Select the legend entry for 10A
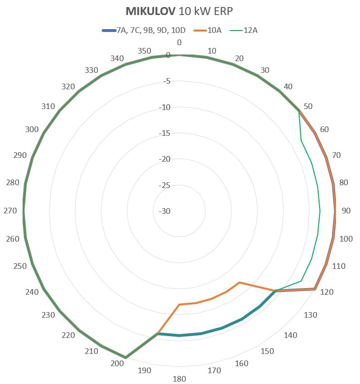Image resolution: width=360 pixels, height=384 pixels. click(214, 31)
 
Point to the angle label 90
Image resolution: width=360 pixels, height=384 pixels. click(346, 211)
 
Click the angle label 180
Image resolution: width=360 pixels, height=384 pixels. click(179, 379)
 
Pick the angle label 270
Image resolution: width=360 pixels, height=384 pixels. click(10, 211)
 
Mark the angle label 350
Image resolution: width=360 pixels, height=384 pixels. click(144, 51)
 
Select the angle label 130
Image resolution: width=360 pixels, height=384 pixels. click(311, 315)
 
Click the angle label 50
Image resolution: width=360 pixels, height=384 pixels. click(308, 107)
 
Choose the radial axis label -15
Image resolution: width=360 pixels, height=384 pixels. click(166, 133)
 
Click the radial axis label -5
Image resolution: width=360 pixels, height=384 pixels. click(166, 82)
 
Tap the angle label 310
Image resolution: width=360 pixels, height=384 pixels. click(48, 107)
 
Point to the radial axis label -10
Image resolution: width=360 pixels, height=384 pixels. click(166, 108)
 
